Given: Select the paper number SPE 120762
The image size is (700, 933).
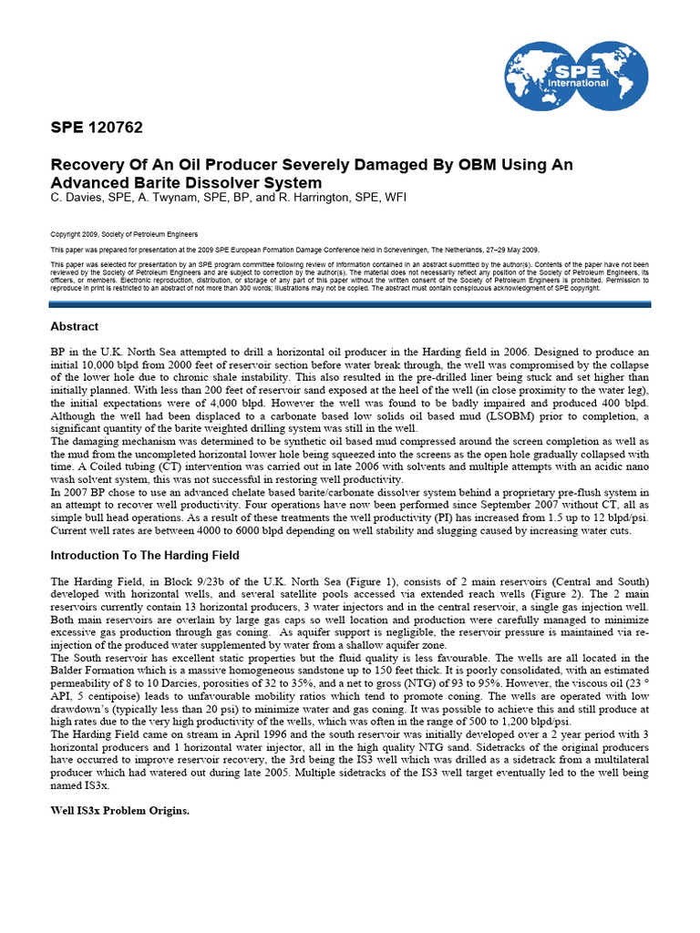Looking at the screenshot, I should coord(97,127).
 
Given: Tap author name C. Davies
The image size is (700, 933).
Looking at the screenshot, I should coord(79,197).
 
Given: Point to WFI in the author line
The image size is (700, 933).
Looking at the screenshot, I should coord(395,197).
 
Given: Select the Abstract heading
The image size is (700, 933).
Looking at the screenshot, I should coord(75,326).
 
